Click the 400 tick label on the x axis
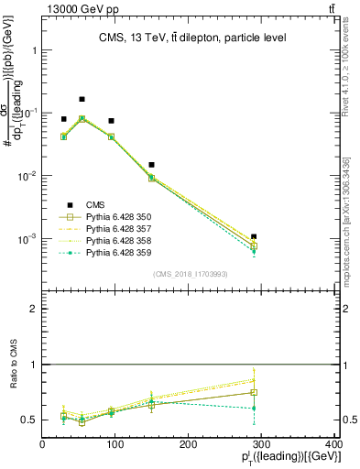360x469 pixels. [333, 445]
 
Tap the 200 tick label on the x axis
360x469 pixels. [188, 445]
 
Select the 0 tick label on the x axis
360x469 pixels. [42, 445]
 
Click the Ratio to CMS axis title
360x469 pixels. [12, 365]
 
